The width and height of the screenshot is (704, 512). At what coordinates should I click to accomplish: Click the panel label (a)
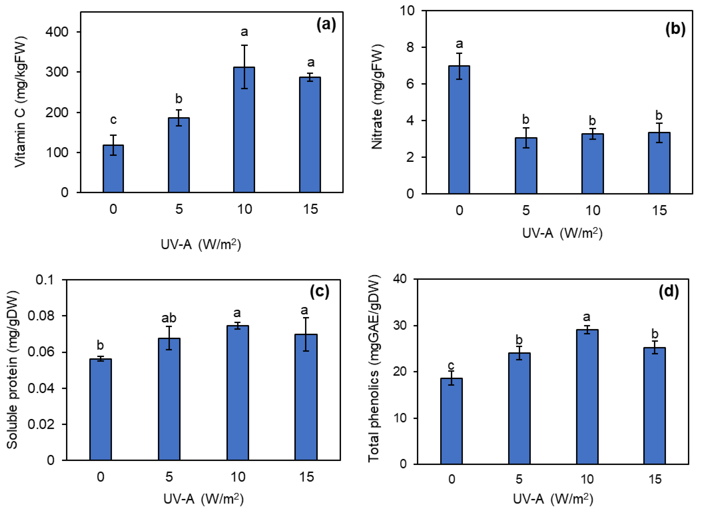[326, 25]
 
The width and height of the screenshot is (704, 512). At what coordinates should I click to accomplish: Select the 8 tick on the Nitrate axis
[410, 47]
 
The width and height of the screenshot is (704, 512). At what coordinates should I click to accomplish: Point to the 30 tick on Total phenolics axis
[400, 326]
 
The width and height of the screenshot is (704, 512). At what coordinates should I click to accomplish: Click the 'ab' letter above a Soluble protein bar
[169, 318]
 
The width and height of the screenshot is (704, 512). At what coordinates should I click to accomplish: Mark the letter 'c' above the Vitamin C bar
[113, 120]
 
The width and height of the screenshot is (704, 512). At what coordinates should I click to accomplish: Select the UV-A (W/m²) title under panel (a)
[201, 245]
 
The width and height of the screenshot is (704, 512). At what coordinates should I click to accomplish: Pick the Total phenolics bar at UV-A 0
[451, 421]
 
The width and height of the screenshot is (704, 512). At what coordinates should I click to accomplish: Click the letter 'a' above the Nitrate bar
[459, 44]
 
